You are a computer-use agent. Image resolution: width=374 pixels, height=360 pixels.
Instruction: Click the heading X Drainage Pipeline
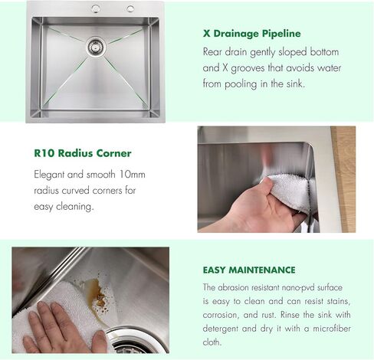[251, 34]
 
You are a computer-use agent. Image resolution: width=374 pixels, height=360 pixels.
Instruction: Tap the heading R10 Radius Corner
[83, 153]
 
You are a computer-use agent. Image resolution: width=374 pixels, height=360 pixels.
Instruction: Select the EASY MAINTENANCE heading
[249, 270]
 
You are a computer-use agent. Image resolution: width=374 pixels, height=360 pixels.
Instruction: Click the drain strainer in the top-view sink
[96, 46]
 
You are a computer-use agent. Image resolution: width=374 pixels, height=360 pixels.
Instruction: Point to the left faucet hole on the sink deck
[96, 8]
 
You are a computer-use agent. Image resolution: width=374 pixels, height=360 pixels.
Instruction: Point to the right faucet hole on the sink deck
[130, 8]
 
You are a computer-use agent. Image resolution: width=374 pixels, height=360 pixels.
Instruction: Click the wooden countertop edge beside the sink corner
[343, 179]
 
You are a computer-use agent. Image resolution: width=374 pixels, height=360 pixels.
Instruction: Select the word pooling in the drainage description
[241, 84]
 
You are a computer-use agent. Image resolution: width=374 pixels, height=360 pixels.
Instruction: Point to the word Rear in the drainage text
[212, 52]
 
